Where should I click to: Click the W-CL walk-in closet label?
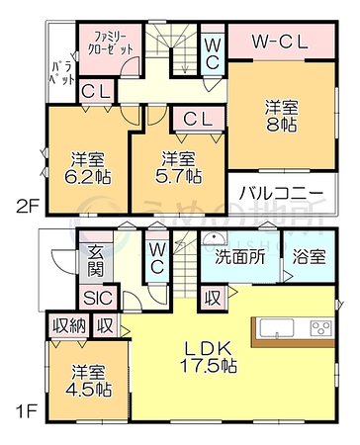click(280, 42)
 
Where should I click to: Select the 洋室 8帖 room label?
click(282, 116)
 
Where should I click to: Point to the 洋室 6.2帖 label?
click(88, 168)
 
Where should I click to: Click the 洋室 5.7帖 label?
click(178, 167)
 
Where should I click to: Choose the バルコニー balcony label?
click(281, 193)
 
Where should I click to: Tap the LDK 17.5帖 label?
click(208, 357)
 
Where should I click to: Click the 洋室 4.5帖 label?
click(89, 381)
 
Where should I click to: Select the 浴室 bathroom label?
click(310, 257)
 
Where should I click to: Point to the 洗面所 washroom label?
click(240, 257)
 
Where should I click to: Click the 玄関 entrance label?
click(96, 262)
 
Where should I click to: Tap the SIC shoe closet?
click(98, 298)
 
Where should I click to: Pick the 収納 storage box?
click(69, 325)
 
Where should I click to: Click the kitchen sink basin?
click(277, 328)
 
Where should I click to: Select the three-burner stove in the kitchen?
click(320, 328)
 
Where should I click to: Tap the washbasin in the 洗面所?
click(215, 239)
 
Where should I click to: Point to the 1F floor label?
click(27, 411)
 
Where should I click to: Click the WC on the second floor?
click(213, 53)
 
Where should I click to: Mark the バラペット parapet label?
click(61, 74)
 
